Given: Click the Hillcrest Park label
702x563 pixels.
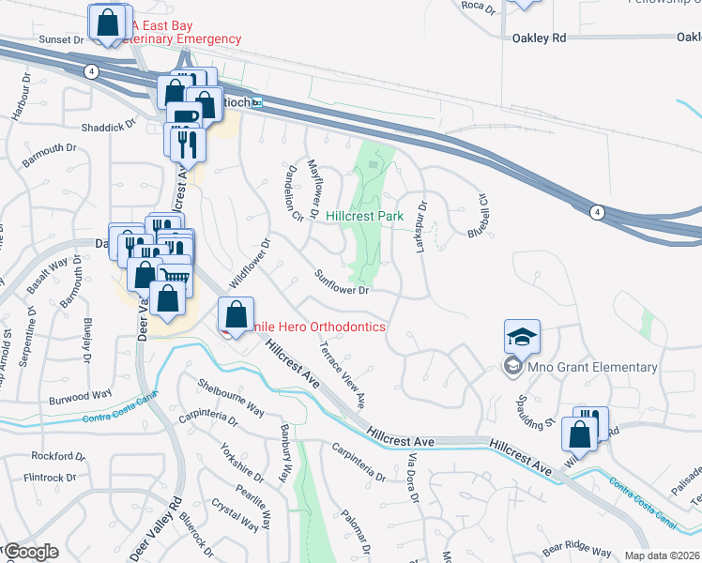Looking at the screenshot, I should (x=365, y=216).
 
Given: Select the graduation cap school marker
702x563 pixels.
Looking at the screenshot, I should (x=523, y=336).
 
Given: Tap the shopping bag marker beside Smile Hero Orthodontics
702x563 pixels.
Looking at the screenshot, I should (x=237, y=313).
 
